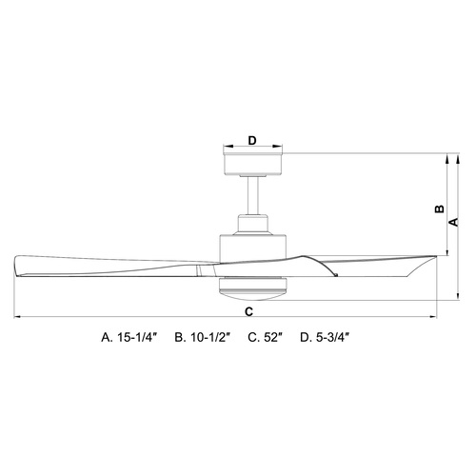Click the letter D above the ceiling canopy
[252, 140]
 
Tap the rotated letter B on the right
[440, 208]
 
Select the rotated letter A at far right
[454, 222]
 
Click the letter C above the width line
[249, 312]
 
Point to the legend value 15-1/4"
[138, 337]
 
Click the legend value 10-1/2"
[210, 337]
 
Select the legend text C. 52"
[265, 337]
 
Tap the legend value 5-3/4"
[333, 337]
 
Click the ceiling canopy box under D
[252, 164]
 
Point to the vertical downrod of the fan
[253, 195]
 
